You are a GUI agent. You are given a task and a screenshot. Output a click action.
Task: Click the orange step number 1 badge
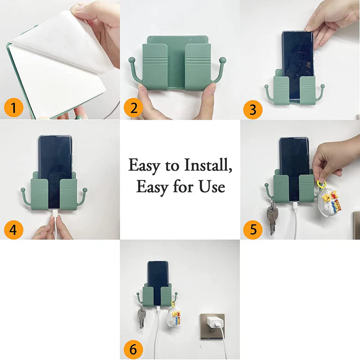[14, 108]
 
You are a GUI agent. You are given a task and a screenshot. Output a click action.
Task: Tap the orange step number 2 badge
[134, 108]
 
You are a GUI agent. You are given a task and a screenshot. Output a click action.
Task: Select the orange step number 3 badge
[252, 110]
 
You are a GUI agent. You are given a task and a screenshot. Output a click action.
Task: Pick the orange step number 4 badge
[14, 230]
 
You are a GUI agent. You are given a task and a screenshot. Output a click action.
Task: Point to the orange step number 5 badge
[253, 229]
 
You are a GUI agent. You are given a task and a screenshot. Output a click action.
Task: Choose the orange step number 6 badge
[134, 349]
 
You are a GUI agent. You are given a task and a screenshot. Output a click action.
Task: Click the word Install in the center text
[207, 166]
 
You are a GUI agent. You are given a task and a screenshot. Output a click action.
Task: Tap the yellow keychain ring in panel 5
[323, 185]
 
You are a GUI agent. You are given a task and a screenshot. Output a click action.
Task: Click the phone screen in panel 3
[297, 58]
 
